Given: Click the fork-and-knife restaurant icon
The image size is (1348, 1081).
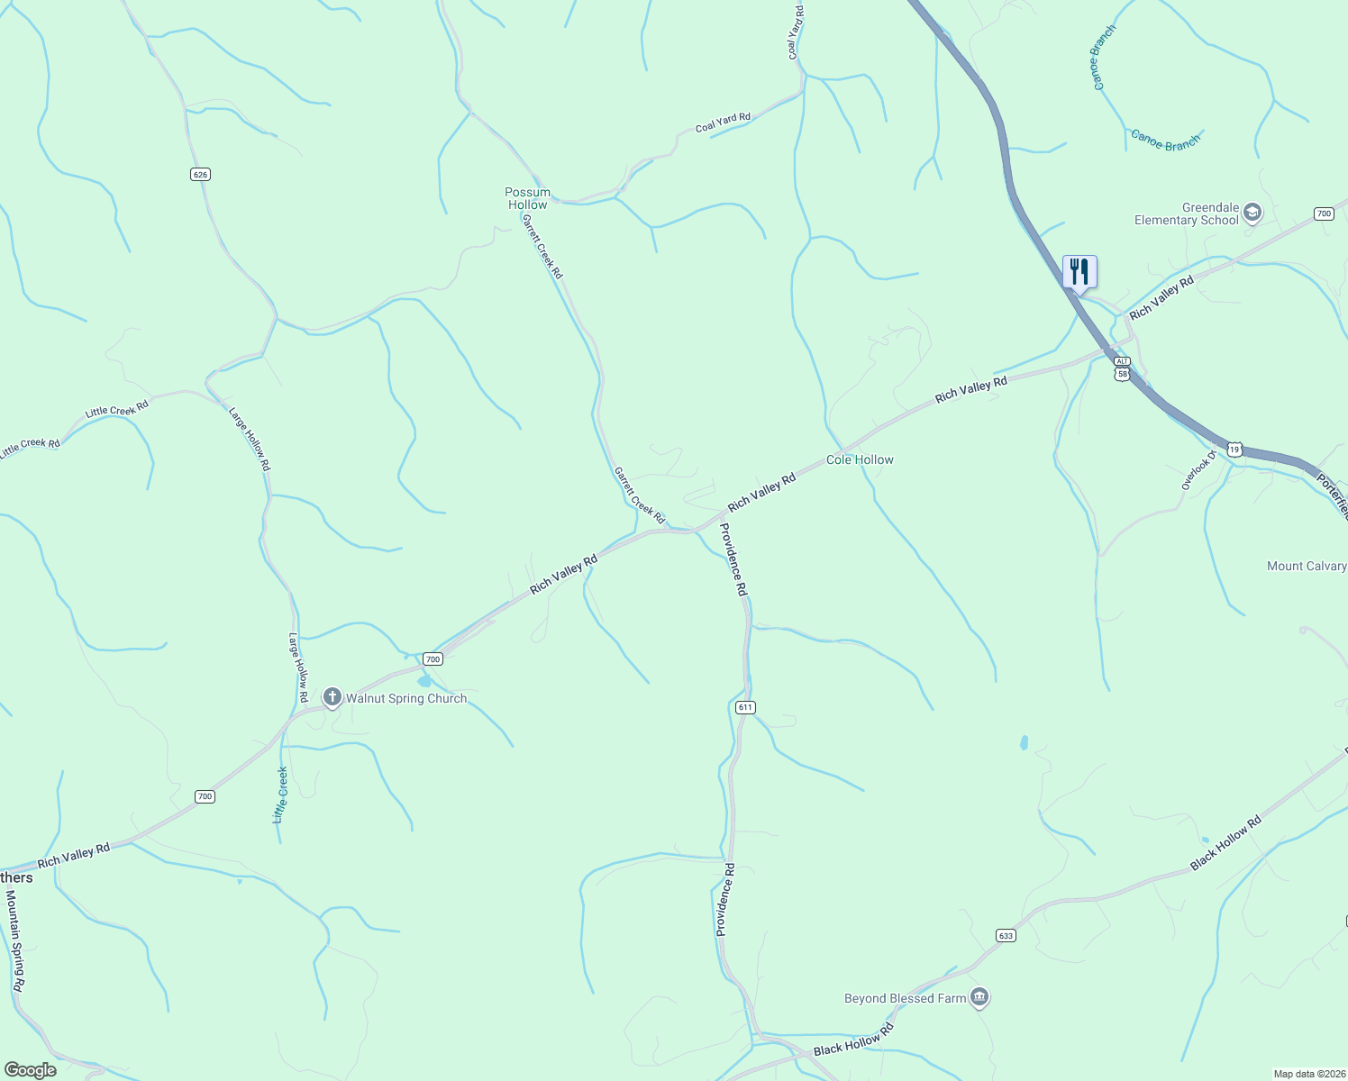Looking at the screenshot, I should [x=1079, y=271].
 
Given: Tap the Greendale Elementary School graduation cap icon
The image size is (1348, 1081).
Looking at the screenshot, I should [x=1252, y=213].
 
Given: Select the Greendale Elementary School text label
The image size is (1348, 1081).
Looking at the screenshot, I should [x=1187, y=213].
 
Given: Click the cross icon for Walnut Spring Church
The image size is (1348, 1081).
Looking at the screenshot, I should [x=332, y=697].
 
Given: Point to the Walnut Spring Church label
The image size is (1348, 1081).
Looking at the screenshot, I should [x=406, y=698].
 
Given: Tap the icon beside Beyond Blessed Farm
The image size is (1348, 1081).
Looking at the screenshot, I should [x=980, y=997].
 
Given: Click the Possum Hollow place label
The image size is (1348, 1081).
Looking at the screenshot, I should [x=527, y=198].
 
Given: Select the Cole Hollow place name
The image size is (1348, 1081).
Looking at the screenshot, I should [x=860, y=459].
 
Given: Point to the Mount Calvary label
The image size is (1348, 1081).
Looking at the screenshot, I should [x=1307, y=566].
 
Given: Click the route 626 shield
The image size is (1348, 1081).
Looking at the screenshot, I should [x=200, y=174].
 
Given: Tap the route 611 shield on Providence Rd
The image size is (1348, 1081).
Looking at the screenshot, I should [x=744, y=707].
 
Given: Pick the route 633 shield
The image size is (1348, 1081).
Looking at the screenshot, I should [x=1006, y=935].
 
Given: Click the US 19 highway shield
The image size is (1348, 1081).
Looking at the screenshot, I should [x=1234, y=448].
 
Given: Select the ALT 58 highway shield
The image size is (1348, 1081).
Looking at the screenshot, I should [x=1122, y=368].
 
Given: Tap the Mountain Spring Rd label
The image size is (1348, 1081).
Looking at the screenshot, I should [x=15, y=940].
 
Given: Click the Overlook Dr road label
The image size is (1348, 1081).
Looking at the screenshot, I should [x=1198, y=470].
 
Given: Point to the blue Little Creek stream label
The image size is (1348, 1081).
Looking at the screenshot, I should [x=280, y=795].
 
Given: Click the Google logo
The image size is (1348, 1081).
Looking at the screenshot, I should [x=31, y=1069].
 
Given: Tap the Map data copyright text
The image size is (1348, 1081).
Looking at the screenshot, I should [x=1308, y=1074].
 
